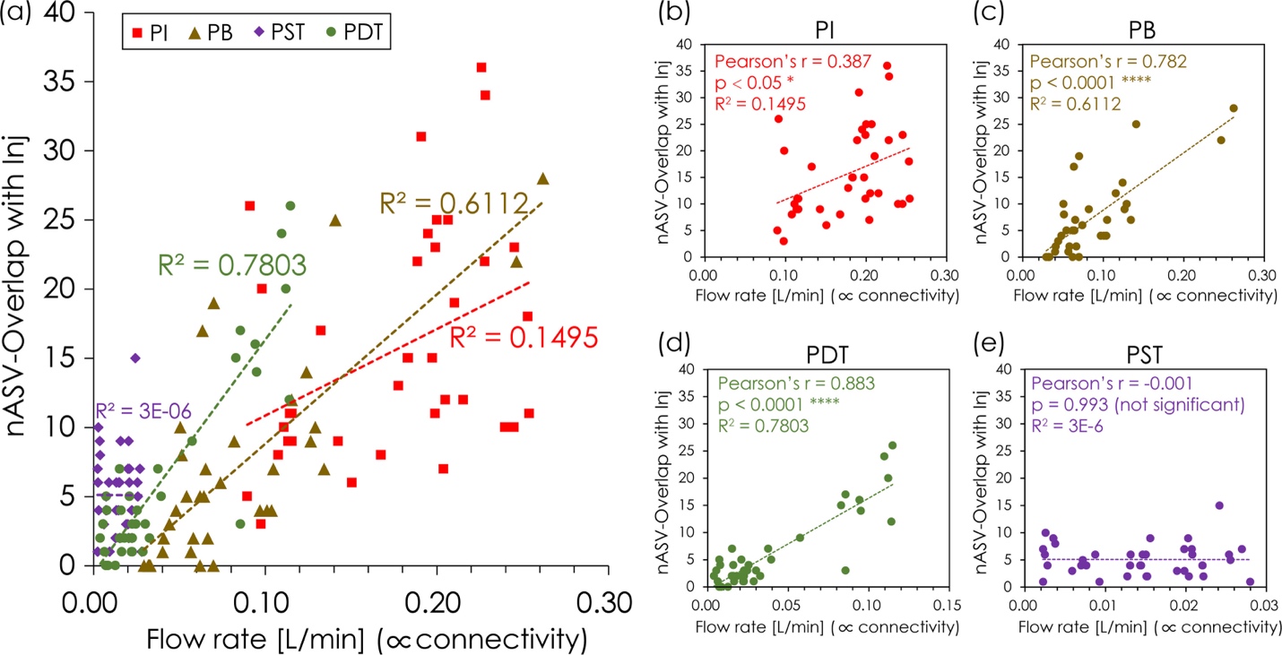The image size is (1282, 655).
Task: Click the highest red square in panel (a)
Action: (481, 67)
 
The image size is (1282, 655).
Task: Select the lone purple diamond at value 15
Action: (134, 358)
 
